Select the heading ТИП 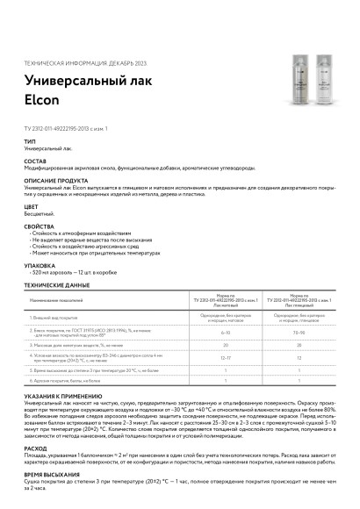click(x=30, y=141)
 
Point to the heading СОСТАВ click(x=36, y=161)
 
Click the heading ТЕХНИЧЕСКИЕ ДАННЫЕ click(x=57, y=285)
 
